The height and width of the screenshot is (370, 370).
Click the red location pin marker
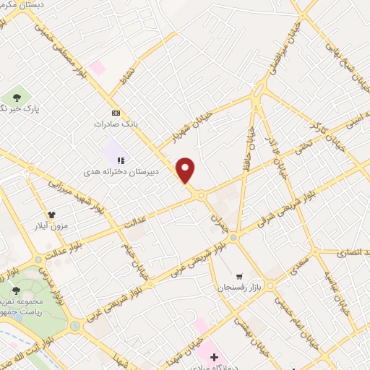pos(186,171)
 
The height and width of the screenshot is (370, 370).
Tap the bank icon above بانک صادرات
pos(116,113)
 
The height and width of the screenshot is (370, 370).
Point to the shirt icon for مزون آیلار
pos(52,215)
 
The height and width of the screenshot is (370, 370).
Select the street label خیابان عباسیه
pos(333,288)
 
